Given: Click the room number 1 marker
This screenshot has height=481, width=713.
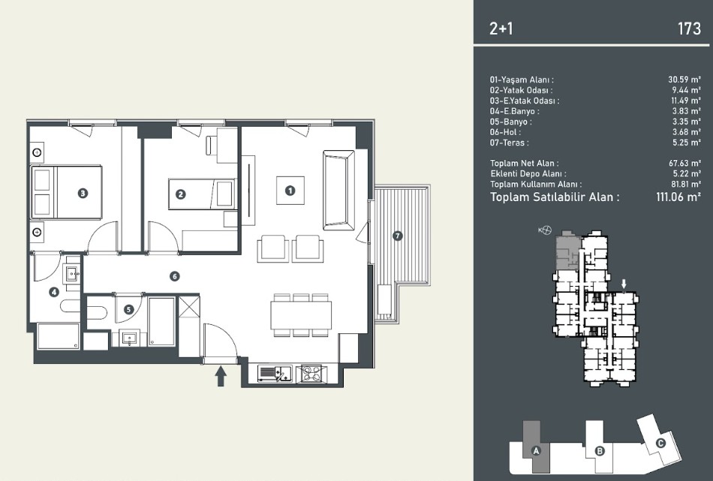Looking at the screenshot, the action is coord(290,191).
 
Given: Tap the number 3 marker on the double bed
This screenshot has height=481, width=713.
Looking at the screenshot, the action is coord(83,193).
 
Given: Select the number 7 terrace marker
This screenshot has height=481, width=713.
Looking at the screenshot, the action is coord(398,236).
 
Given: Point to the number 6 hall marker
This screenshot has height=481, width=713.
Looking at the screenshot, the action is coord(174,276).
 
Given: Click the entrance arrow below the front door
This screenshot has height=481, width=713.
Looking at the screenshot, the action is coord(221,377).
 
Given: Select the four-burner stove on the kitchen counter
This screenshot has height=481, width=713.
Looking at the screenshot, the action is coord(311,374).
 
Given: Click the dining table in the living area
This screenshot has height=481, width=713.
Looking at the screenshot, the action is coord(301,315).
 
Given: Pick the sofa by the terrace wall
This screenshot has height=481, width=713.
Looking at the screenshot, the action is coord(338,191).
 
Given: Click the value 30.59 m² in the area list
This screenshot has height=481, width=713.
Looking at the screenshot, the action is coord(684,80).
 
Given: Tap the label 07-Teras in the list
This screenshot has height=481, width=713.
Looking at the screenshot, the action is coord(510,143).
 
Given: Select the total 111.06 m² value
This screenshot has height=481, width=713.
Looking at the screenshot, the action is coord(678,197).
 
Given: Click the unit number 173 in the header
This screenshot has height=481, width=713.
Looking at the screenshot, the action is coord(689,29).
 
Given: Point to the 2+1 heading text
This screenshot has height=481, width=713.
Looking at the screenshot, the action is coord(501,29).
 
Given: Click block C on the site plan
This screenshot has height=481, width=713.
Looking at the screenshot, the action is coord(660,443).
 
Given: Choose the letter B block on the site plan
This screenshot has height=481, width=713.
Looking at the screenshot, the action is coord(600,451).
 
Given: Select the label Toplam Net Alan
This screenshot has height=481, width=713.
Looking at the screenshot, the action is coord(525,164).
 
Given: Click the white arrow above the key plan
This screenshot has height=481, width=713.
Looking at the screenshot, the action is coord(624,284).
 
